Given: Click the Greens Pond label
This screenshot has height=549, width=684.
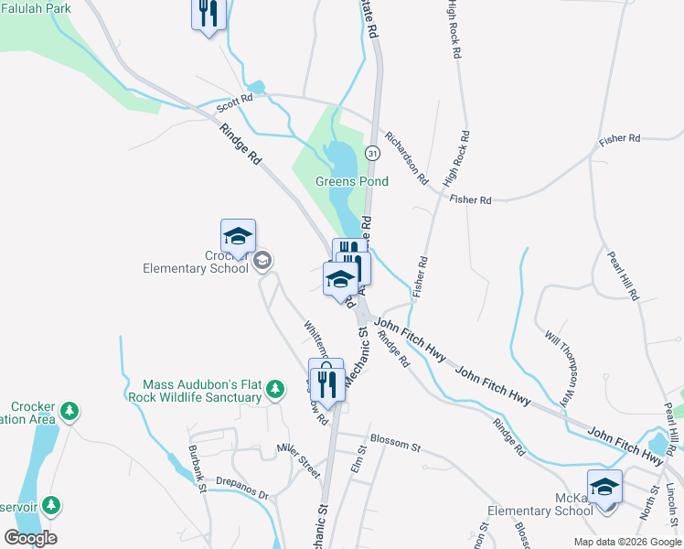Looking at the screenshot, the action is pyautogui.click(x=352, y=181).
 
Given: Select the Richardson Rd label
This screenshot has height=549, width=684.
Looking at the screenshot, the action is pyautogui.click(x=406, y=157).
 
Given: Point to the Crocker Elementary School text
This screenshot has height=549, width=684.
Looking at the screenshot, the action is pyautogui.click(x=196, y=262).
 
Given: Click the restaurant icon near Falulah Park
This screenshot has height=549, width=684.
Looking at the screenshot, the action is pyautogui.click(x=208, y=14).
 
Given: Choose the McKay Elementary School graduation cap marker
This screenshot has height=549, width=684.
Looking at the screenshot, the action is pyautogui.click(x=604, y=486).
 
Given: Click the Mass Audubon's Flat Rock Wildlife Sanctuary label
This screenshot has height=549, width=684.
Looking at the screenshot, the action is pyautogui.click(x=202, y=392).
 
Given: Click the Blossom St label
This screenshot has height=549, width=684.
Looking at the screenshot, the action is pyautogui.click(x=396, y=447).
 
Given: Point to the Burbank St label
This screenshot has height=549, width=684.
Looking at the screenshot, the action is pyautogui.click(x=198, y=468).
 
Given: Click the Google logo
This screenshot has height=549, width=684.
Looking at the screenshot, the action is pyautogui.click(x=30, y=538).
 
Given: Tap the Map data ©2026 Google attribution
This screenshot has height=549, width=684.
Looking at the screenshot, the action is pyautogui.click(x=627, y=542).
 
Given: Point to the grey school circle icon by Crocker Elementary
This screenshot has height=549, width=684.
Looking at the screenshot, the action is pyautogui.click(x=262, y=262).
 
